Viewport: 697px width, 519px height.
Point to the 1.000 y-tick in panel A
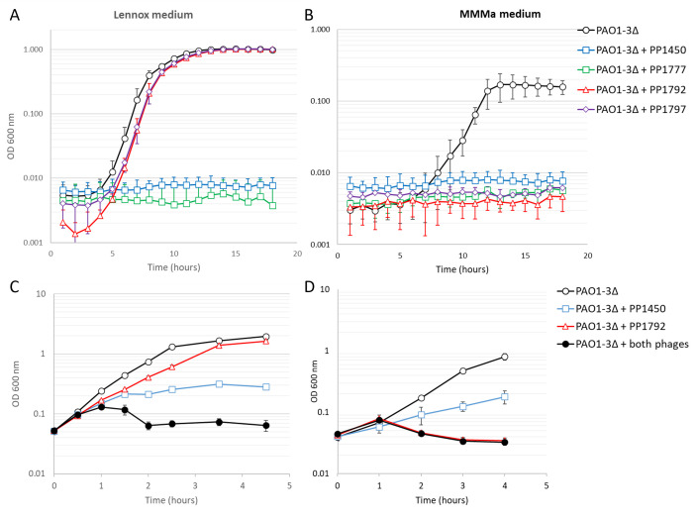[36, 50]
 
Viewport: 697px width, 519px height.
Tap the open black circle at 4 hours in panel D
[504, 357]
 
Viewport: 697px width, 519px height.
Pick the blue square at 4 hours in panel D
[504, 397]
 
